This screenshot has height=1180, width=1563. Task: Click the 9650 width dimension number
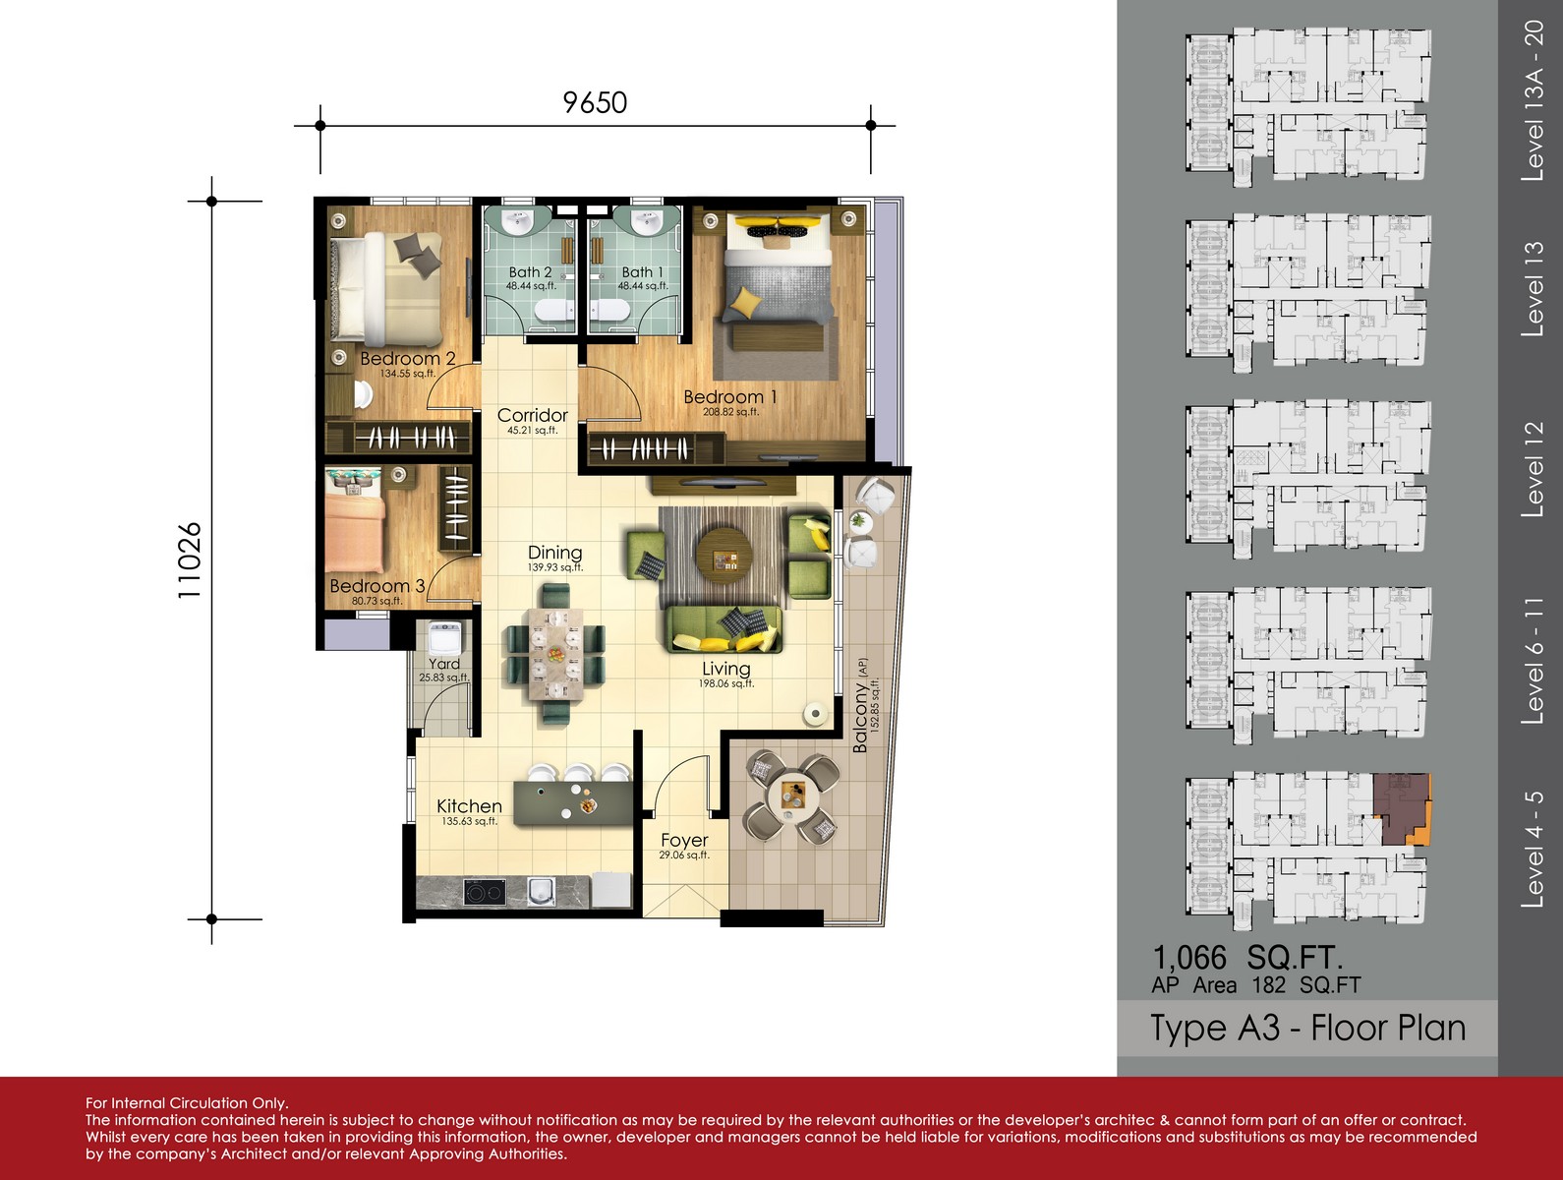[x=595, y=102]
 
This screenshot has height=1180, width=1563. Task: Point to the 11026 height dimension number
[x=190, y=560]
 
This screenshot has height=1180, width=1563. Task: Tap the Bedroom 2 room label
[x=407, y=358]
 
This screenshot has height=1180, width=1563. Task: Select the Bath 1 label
[x=642, y=272]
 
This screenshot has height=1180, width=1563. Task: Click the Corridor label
[x=532, y=415]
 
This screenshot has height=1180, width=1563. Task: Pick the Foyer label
[x=684, y=841]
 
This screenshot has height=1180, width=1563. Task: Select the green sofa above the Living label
[x=724, y=629]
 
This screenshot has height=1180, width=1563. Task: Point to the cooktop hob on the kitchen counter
[x=485, y=892]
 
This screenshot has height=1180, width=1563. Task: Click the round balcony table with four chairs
[x=792, y=796]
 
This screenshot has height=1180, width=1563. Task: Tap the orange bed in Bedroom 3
[x=355, y=534]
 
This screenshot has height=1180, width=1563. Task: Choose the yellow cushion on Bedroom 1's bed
[x=744, y=301]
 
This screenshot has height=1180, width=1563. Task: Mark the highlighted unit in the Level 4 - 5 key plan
[x=1402, y=809]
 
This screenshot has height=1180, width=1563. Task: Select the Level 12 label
[x=1533, y=469]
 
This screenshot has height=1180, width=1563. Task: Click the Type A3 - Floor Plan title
[x=1308, y=1029]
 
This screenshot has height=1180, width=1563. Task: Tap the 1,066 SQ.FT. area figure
[x=1247, y=957]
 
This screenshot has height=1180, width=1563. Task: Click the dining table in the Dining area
[x=555, y=655]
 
